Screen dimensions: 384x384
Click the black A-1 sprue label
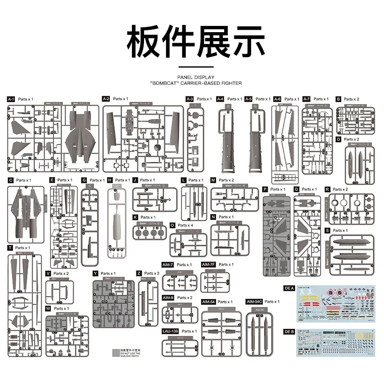(x=12, y=98)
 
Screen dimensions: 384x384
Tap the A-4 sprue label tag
(x=220, y=99)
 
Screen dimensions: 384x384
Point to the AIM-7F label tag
(x=209, y=264)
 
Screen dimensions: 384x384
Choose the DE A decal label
(x=289, y=288)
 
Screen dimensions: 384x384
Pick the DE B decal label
(x=289, y=331)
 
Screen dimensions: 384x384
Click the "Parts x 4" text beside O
(x=185, y=225)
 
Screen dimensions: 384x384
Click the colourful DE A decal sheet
(x=336, y=305)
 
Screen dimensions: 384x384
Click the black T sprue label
(x=10, y=248)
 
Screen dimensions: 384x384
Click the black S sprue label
(x=327, y=230)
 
